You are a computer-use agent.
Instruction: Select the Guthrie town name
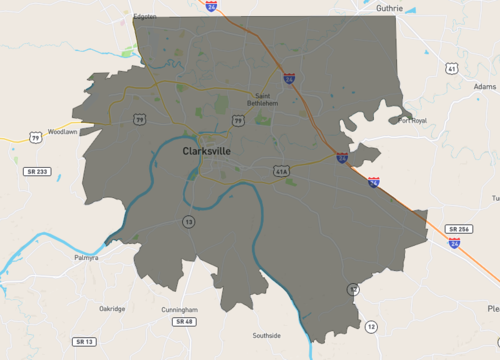point(388,8)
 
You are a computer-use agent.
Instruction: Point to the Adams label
point(484,87)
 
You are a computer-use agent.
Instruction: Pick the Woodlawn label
point(62,131)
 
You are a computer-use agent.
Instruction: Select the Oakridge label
point(112,309)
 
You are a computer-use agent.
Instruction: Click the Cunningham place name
point(180,310)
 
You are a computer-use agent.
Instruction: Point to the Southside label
point(267,335)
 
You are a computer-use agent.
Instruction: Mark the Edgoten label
point(145,17)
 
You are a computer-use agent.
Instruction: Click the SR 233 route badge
point(37,172)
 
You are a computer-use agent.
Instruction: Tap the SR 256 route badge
point(459,229)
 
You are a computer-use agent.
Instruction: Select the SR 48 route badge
point(184,322)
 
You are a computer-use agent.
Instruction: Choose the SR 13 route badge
point(84,342)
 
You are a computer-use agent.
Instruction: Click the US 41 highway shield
point(452,69)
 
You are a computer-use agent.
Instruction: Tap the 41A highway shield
point(281,172)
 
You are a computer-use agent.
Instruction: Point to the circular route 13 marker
point(188,221)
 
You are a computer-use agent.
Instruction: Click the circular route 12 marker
point(371,327)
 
